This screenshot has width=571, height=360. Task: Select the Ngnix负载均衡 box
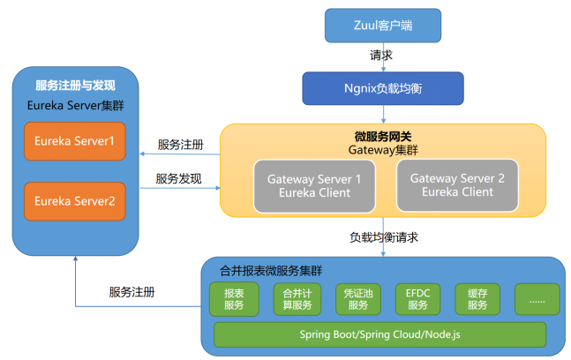pos(384,88)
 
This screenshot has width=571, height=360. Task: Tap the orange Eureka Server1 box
pos(75,141)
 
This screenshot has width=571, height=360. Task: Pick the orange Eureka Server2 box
pos(75,200)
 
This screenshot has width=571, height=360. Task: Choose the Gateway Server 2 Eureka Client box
pos(457,185)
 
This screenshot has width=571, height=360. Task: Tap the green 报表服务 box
pos(234,300)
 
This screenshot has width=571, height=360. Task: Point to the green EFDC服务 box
pos(417,300)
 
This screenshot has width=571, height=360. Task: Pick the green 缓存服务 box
pos(477,300)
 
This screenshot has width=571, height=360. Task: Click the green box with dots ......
pos(537,300)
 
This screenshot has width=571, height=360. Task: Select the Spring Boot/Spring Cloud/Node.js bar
pos(380,335)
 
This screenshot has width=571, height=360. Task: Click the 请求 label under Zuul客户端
pos(381,56)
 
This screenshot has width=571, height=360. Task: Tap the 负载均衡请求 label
pos(383,237)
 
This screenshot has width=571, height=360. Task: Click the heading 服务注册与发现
pos(75,86)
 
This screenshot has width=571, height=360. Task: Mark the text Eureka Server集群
pos(75,107)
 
